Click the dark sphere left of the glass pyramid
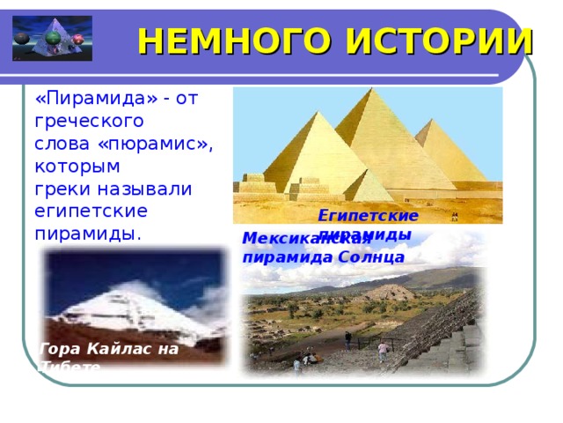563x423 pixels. pos(21,38)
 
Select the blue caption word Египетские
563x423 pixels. pos(368,215)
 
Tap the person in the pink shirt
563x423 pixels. pos(383,350)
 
